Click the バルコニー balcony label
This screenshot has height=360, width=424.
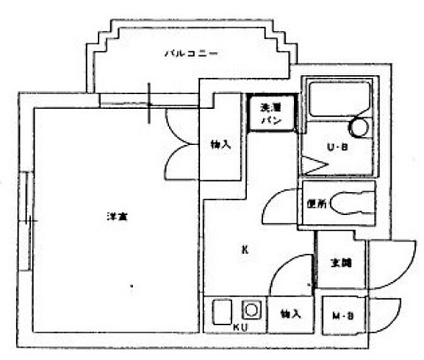pyautogui.click(x=191, y=54)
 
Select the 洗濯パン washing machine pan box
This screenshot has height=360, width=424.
pyautogui.click(x=271, y=114)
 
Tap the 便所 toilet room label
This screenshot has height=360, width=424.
pyautogui.click(x=315, y=205)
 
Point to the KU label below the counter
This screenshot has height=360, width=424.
pyautogui.click(x=240, y=327)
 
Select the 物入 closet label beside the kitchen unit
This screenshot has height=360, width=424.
pyautogui.click(x=291, y=314)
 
